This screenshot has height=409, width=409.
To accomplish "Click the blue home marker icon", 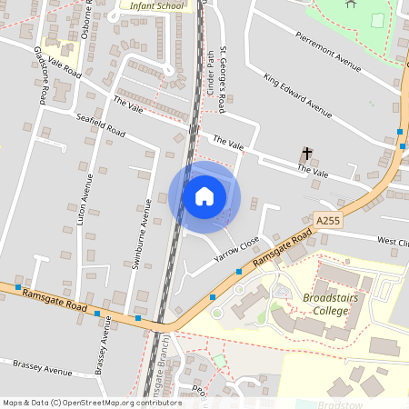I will pos(204,196).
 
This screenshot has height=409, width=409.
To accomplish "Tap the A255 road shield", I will pos(329,220).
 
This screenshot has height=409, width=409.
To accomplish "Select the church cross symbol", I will pos(307,155).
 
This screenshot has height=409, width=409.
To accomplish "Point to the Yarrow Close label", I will pos(236,251).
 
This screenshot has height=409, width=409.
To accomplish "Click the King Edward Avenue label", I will pos(297,95).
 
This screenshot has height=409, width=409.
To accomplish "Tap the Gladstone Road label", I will pos(41,74).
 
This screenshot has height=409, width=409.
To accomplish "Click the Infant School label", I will pos(156,5).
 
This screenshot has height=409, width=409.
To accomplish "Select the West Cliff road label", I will pos(393,243).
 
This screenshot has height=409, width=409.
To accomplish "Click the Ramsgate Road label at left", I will pos(54,301).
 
